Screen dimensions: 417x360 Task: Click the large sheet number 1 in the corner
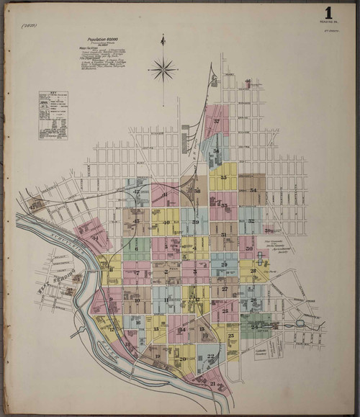(328, 12)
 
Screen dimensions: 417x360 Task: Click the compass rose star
(163, 70)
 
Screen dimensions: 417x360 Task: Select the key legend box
(53, 114)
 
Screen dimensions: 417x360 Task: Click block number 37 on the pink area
(216, 122)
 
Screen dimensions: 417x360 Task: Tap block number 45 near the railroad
(34, 205)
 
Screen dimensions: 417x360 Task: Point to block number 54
(253, 191)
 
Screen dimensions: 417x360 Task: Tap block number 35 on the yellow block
(224, 177)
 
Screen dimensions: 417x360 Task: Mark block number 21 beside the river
(213, 383)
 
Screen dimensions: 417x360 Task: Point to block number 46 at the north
(248, 81)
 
